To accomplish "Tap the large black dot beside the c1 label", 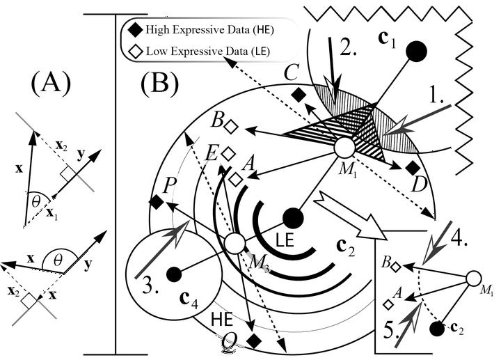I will click(415, 50).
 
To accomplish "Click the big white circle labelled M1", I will click(344, 148).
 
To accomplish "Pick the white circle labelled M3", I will click(236, 243).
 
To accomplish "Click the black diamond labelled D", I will click(412, 167).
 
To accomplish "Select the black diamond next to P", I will click(156, 203).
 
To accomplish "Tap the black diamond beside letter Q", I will click(255, 341).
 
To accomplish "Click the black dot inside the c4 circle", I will click(173, 272).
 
